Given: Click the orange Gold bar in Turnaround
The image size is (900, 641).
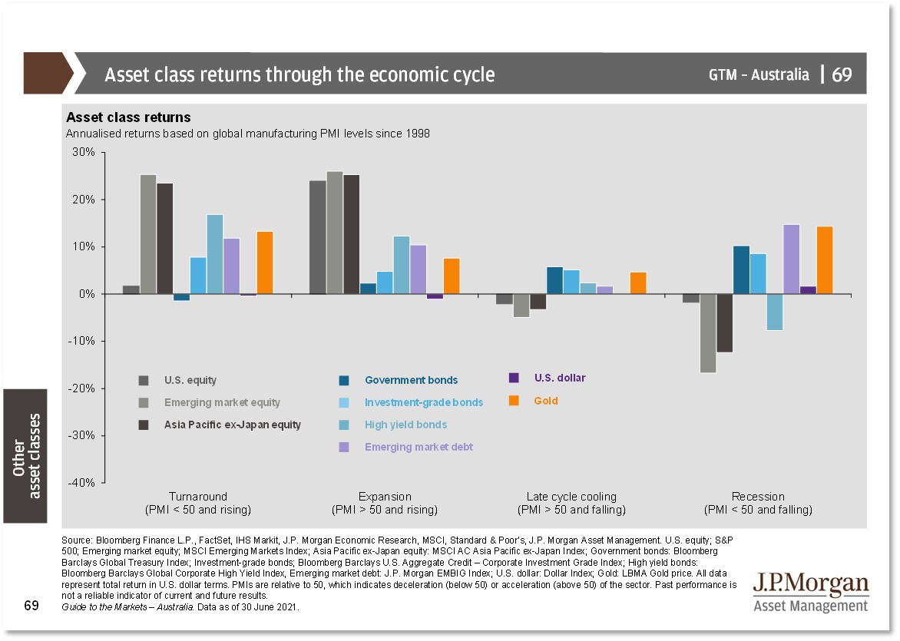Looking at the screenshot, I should click(265, 263).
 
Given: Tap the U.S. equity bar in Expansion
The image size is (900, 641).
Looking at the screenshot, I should click(317, 237).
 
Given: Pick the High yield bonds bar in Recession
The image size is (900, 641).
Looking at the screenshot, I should click(774, 312).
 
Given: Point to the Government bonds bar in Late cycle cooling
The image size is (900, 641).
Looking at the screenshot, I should click(554, 280).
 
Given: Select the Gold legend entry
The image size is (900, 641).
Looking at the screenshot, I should click(546, 401).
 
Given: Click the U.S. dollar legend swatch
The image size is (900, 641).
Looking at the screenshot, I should click(515, 378).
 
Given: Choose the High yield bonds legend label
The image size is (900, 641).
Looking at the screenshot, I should click(405, 425).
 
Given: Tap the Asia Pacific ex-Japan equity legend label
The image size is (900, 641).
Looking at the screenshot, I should click(232, 425).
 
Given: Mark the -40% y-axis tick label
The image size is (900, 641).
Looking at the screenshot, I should click(82, 483).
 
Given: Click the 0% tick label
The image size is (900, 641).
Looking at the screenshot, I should click(88, 294).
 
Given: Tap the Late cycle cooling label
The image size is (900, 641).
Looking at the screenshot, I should click(571, 497).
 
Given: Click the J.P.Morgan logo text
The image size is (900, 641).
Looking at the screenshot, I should click(811, 585).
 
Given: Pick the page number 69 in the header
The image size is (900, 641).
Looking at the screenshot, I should click(842, 74).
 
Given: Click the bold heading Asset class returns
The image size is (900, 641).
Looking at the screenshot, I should click(128, 117).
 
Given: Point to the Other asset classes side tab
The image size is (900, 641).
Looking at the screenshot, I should click(25, 456).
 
